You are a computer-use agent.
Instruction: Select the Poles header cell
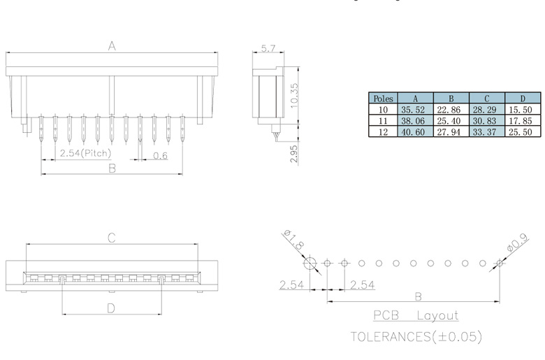coord(383,99)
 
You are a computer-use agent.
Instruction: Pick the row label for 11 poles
coord(383,120)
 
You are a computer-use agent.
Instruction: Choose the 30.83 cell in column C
coord(487,120)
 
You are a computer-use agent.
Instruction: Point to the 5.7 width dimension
coord(268,48)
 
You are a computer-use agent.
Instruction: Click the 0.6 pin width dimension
coord(160,154)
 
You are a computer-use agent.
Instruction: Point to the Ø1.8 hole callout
coord(294,240)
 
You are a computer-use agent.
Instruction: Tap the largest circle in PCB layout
coord(310,264)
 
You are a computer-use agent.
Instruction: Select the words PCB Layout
coord(415,315)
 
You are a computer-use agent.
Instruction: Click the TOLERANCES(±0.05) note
coord(416,336)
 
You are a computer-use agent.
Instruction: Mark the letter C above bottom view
coord(111,238)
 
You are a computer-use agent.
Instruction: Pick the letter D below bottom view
coord(111,308)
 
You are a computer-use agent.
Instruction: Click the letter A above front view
coord(111,46)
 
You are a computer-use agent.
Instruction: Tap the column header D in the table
coord(523,99)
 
